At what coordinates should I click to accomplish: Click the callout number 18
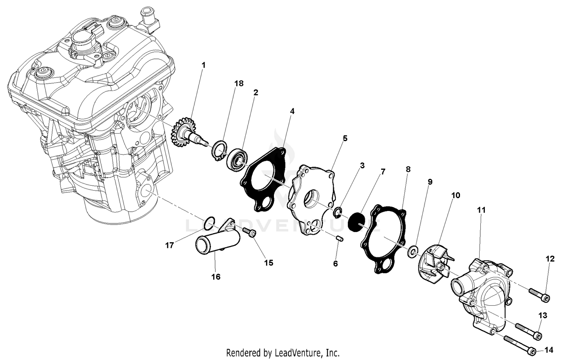[x=239, y=83]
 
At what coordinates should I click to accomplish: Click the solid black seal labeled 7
[x=357, y=222]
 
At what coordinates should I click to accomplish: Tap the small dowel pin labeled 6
[x=339, y=239]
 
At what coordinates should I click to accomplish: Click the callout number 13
[x=542, y=315]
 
